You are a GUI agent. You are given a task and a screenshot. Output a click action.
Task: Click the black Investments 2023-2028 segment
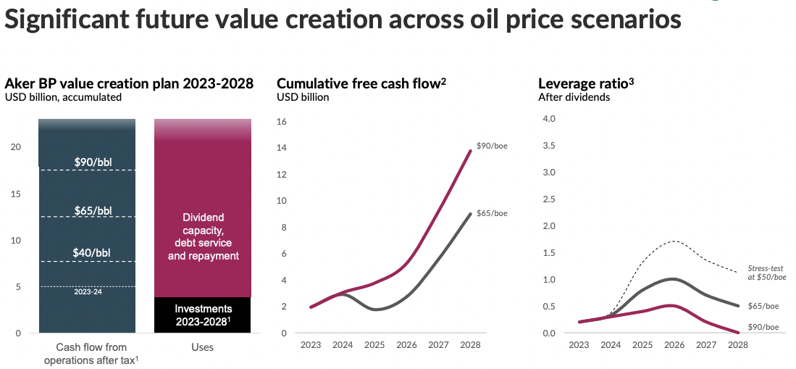(202, 315)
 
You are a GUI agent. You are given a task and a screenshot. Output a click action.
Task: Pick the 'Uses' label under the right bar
(202, 347)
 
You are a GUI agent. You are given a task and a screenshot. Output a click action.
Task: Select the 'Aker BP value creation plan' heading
(129, 83)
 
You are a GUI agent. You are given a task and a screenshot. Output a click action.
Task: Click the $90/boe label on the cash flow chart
(492, 146)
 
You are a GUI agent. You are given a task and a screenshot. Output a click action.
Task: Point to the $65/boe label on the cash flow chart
(492, 212)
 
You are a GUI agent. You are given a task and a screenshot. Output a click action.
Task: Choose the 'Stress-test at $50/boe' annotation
(766, 273)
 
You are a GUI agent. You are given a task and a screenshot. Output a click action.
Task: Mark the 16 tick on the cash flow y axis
(282, 122)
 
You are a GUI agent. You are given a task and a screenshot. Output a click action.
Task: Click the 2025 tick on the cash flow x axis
(374, 345)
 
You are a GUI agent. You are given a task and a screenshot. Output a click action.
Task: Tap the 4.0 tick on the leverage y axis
(548, 119)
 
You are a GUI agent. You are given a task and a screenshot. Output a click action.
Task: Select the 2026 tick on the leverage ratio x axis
(674, 345)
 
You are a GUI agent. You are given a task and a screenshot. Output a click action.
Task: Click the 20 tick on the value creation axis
(17, 147)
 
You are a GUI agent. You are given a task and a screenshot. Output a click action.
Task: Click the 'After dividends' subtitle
(574, 97)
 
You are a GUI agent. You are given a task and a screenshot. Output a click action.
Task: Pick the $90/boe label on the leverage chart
(763, 327)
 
